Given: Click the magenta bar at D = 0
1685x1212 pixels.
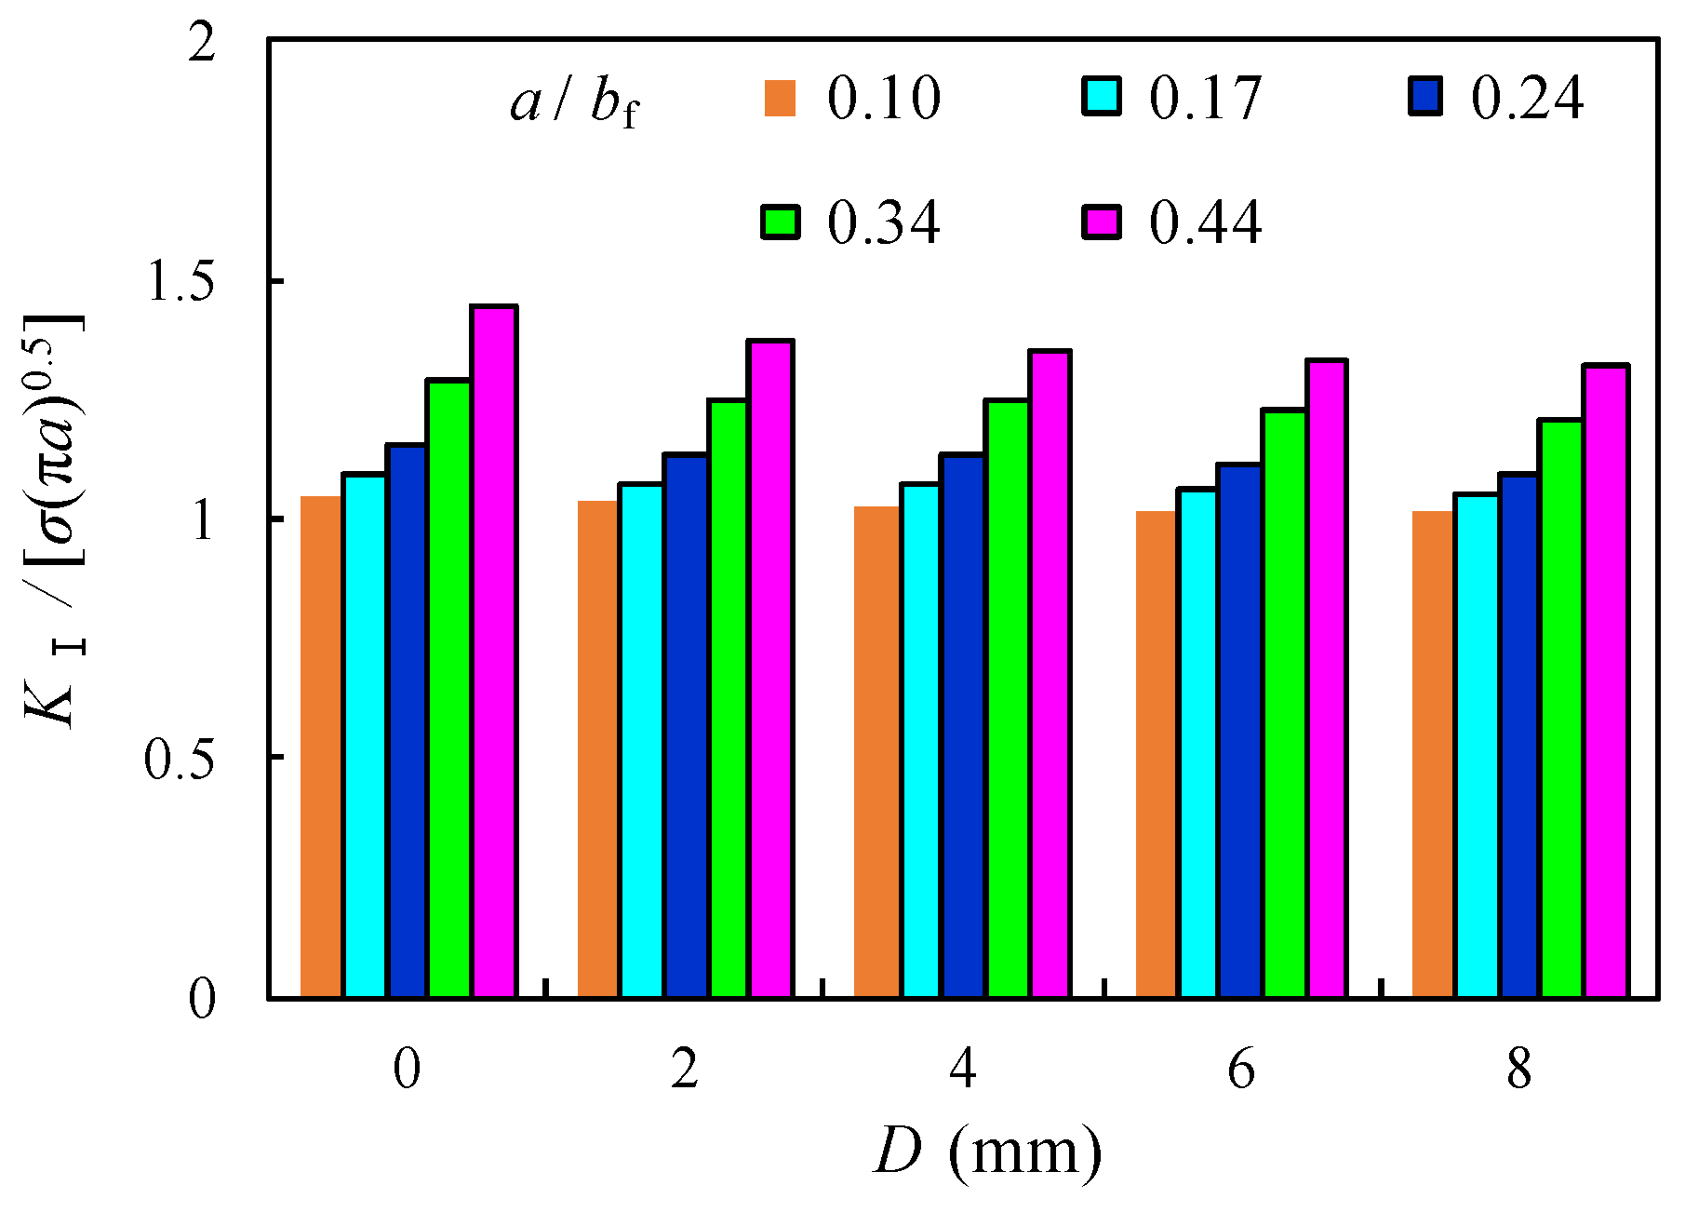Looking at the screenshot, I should [x=494, y=652].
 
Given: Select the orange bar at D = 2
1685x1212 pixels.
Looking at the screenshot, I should [x=597, y=749].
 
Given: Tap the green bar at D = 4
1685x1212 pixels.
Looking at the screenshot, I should [x=1007, y=698].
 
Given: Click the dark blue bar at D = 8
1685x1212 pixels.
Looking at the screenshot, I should [x=1518, y=735].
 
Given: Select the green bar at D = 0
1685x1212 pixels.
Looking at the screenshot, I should [x=448, y=689].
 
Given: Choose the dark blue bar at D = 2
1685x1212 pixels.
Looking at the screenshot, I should [x=686, y=726].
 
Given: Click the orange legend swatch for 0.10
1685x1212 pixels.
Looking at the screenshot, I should [x=781, y=99].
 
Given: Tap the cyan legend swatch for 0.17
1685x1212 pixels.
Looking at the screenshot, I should [x=1102, y=97].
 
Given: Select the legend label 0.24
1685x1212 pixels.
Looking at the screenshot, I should [x=1527, y=97].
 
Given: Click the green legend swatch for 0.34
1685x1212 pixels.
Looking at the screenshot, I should [x=781, y=222].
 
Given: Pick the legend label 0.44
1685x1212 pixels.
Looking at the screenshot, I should [x=1205, y=222].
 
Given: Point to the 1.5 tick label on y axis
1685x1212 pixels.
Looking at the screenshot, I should [x=181, y=282].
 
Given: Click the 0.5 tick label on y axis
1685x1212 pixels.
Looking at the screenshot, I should [x=180, y=759].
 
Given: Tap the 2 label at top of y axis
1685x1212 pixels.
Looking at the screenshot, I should [x=201, y=43].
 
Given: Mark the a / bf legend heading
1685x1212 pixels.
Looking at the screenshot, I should [x=575, y=101].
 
